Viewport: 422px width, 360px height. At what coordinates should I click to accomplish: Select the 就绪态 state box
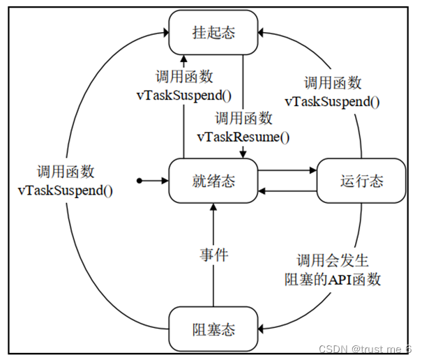pyautogui.click(x=213, y=181)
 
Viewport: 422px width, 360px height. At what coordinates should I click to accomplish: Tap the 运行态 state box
pyautogui.click(x=361, y=181)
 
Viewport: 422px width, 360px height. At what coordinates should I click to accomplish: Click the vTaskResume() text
pyautogui.click(x=243, y=137)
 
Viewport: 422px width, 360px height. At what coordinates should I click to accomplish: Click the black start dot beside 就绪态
pyautogui.click(x=140, y=181)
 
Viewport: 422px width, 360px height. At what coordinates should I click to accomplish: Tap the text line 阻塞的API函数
pyautogui.click(x=332, y=281)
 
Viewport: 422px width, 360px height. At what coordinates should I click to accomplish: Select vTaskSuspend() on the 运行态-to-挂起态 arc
pyautogui.click(x=332, y=101)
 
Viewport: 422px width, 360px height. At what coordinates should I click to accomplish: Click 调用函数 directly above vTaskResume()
pyautogui.click(x=243, y=119)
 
